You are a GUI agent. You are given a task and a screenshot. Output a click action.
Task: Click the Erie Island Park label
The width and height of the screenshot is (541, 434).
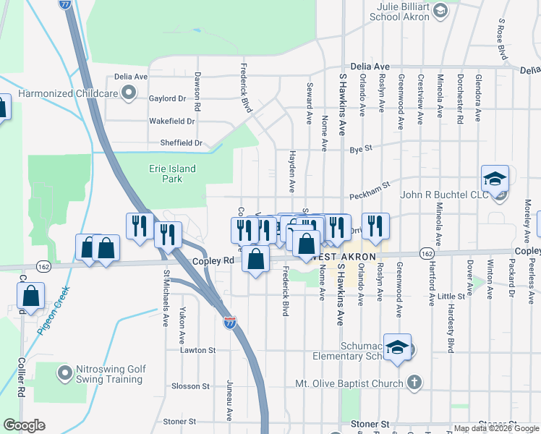(167, 174)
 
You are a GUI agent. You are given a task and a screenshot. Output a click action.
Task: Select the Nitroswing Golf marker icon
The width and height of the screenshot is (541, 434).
(64, 374)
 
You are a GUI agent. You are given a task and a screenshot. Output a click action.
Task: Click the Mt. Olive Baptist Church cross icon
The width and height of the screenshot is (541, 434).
(414, 382)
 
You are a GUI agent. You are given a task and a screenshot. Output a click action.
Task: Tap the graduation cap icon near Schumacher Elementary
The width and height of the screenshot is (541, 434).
(397, 348)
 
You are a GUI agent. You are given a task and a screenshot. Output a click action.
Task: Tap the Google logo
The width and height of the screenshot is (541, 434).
(24, 425)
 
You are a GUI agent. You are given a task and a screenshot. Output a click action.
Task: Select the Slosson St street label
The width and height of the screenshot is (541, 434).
(190, 386)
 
